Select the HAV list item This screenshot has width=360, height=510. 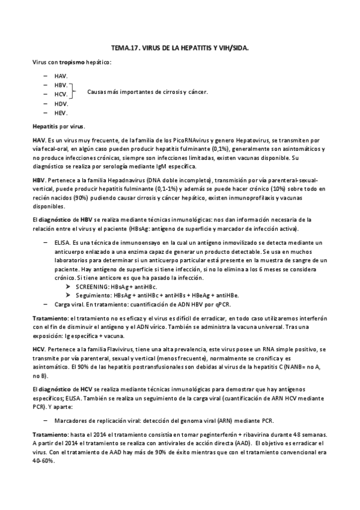tap(60, 76)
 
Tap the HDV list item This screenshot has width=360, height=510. tap(61, 103)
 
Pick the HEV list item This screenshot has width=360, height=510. tap(61, 112)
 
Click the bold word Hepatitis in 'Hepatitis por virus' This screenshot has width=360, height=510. tap(46, 126)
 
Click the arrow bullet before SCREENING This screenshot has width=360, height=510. tap(69, 287)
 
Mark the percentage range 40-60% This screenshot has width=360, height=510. tap(44, 461)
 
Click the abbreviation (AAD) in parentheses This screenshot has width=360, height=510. tap(243, 443)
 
